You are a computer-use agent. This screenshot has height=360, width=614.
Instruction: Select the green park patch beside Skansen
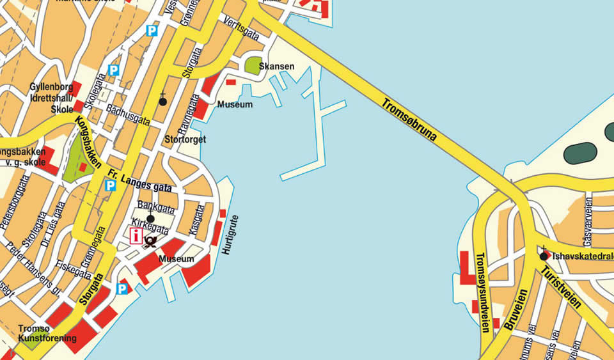(x=253, y=65)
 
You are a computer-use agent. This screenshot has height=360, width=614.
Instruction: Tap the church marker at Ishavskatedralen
(x=543, y=256)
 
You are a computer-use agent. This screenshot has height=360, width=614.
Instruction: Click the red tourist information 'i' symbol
(x=136, y=236)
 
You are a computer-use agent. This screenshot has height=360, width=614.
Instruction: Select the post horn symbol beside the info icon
(x=152, y=240)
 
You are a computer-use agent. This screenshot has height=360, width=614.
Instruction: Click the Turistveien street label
(x=560, y=288)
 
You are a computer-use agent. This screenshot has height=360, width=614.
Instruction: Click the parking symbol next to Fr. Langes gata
(x=110, y=185)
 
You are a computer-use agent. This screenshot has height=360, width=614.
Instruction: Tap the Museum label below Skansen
(x=235, y=104)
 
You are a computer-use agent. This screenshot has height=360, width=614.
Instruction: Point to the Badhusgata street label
(x=128, y=114)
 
